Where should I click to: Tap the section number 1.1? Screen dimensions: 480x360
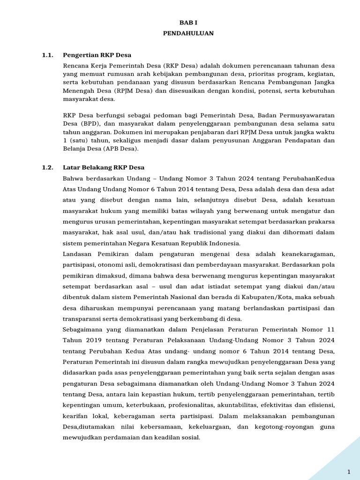tap(47, 55)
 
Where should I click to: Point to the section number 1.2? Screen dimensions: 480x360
tap(47, 167)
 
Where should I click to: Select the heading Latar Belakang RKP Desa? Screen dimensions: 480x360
tap(104, 167)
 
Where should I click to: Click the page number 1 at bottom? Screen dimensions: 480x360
tap(349, 471)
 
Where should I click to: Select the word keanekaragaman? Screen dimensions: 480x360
tap(306, 254)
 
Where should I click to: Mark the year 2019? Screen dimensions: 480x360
tap(82, 340)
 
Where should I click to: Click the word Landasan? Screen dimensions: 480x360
tap(77, 254)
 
